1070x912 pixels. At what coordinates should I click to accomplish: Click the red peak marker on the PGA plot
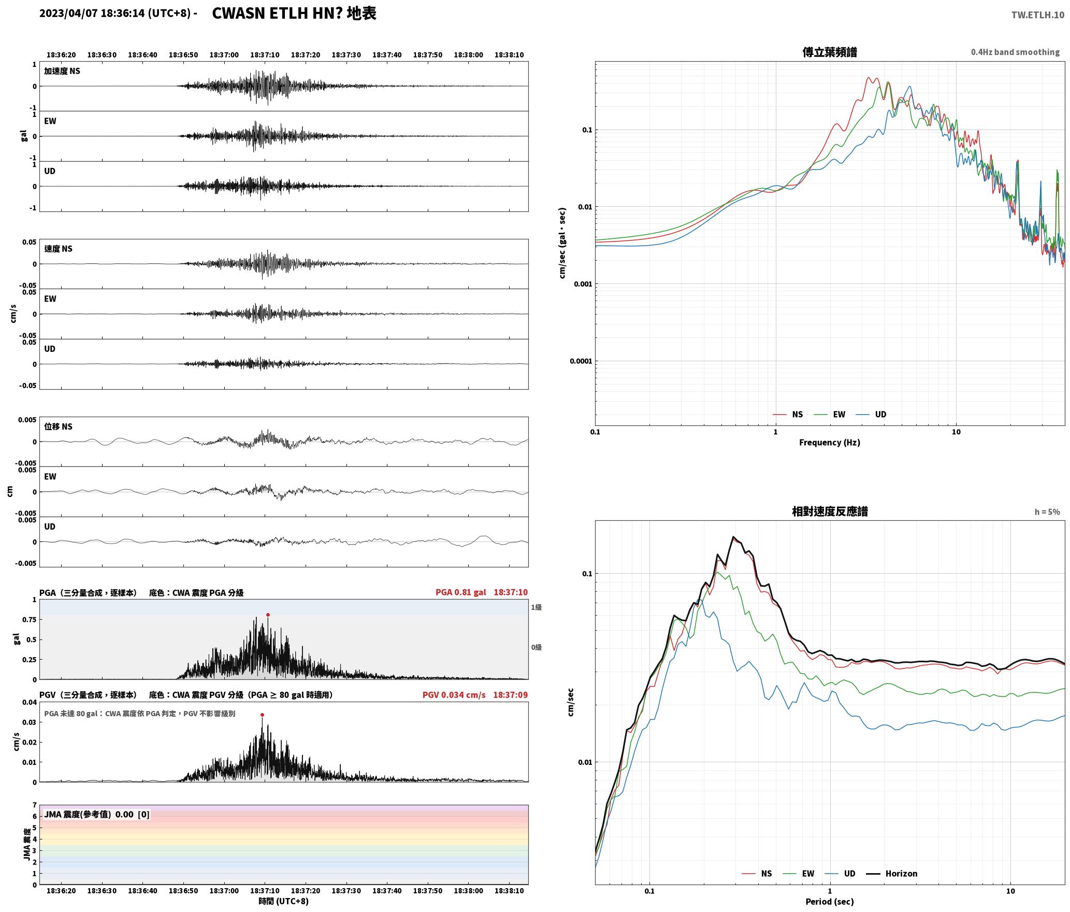(268, 615)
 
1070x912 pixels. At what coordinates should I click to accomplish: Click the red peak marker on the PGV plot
(262, 715)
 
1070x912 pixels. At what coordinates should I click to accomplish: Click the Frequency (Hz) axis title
(829, 442)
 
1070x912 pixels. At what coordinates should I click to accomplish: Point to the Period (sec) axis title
(829, 901)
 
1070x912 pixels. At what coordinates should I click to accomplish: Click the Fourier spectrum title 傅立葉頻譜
(829, 52)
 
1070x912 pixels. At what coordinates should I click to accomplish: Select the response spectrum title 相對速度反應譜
(830, 511)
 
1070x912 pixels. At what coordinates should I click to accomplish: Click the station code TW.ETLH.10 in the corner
(1038, 15)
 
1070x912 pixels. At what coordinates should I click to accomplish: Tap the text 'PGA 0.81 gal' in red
(460, 592)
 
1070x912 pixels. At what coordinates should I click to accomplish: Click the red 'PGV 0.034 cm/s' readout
(454, 694)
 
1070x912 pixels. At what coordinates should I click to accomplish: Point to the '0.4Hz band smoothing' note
(1015, 52)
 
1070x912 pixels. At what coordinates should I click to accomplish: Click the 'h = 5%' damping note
(1047, 511)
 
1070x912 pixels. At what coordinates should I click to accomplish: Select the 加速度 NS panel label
(62, 71)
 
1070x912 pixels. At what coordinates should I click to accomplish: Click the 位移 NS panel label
(58, 426)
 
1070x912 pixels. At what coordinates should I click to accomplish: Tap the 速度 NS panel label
(58, 249)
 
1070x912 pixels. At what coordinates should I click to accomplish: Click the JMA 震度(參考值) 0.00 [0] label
(97, 814)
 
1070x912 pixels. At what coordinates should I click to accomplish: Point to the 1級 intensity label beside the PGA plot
(536, 607)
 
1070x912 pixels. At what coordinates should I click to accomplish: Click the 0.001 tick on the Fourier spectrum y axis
(583, 284)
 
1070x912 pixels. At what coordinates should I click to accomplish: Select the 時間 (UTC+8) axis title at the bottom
(284, 901)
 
